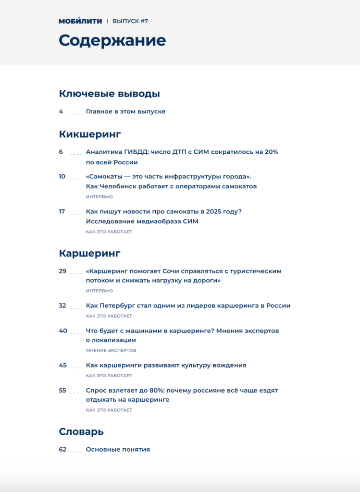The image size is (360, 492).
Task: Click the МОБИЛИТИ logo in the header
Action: (x=80, y=21)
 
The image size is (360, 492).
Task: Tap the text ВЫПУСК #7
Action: (x=130, y=21)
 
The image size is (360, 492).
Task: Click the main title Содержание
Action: (x=112, y=40)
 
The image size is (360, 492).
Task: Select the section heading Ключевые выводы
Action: (x=109, y=94)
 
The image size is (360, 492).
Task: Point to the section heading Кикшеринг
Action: (x=90, y=134)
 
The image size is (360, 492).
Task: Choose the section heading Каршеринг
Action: (x=89, y=253)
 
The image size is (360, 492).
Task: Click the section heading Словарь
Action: (x=81, y=431)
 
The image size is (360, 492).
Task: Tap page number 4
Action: (x=61, y=111)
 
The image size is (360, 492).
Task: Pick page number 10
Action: (x=62, y=176)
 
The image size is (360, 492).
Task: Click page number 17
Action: (x=62, y=211)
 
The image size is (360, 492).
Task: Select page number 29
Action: (x=62, y=271)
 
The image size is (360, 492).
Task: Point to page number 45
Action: (x=62, y=365)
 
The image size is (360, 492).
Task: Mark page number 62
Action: (x=62, y=450)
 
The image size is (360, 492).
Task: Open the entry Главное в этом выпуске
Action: (x=125, y=111)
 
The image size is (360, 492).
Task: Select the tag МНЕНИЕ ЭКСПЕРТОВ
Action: (x=111, y=351)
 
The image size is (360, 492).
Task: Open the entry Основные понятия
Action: (x=118, y=450)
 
